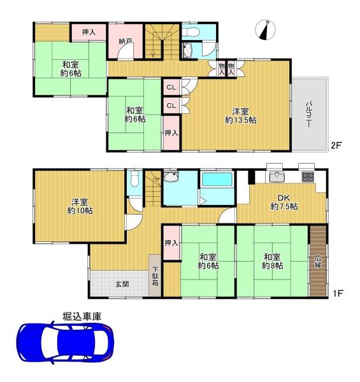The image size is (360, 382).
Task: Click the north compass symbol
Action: coord(266,30)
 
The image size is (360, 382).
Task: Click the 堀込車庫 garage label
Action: coord(82,316)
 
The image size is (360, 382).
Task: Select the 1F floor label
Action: coord(338,293)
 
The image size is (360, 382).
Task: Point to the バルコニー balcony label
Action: coord(309,114)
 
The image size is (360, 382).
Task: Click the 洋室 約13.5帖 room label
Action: coord(240,116)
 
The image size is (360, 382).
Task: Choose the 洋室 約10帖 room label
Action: coord(80,206)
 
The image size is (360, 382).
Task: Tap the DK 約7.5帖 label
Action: coord(284,202)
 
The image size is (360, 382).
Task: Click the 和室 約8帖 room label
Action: coord(273,261)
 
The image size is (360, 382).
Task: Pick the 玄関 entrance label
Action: coord(122,284)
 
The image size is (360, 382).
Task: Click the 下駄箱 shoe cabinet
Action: coord(155,276)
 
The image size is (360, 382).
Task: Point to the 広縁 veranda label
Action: coord(318,261)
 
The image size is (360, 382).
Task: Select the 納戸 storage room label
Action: coord(126,41)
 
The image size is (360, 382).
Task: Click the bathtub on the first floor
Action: coord(217,180)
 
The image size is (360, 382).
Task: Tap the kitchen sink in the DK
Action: coord(277,176)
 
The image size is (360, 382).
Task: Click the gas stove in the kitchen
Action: coord(308,177)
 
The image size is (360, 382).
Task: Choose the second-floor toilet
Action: coord(191,32)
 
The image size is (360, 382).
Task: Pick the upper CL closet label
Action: coord(171,87)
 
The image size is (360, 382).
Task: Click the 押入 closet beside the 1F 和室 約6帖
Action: coord(171,243)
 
